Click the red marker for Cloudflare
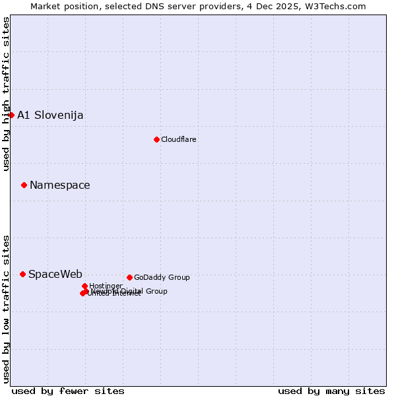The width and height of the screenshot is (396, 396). coord(156,139)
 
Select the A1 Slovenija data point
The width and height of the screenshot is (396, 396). coord(11,115)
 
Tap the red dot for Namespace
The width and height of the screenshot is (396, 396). coord(24,185)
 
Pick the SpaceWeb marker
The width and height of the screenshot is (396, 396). coord(22,274)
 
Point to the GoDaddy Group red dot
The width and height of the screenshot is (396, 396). coord(129,277)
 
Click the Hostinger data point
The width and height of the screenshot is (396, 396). coord(84,286)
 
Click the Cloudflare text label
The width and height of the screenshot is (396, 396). coord(179,139)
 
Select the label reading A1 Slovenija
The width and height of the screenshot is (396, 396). coord(50,115)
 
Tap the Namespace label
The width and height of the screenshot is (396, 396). coord(60,185)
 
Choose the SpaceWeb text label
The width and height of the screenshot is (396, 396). coord(55,274)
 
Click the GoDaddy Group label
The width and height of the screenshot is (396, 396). coord(162,277)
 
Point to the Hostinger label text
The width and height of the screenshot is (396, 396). coord(106,286)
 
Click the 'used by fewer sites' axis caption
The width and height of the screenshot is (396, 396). coord(68,391)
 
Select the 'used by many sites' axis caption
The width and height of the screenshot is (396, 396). coord(331,391)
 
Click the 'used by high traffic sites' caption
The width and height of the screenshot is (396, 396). coord(6,94)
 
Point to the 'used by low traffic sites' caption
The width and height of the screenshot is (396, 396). coord(6,308)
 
